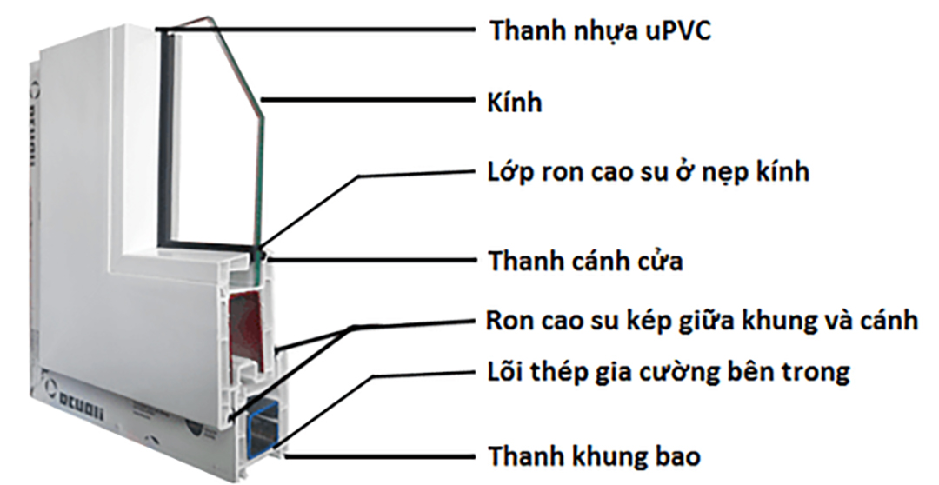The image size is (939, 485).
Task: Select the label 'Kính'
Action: (514, 103)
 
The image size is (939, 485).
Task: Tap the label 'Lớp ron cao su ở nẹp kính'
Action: (648, 172)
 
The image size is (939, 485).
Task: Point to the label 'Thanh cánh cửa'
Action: (585, 261)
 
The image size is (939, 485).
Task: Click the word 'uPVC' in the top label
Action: (683, 31)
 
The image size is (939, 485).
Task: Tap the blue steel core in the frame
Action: (261, 426)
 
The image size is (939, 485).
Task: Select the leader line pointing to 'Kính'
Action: (365, 101)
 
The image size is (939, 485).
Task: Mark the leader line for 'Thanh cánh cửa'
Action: (374, 259)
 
